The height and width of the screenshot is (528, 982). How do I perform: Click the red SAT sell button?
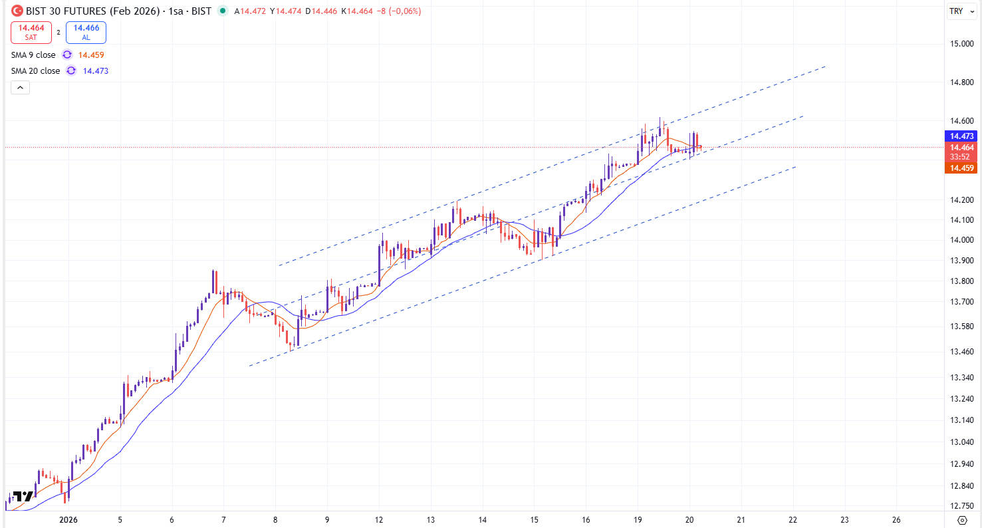click(31, 32)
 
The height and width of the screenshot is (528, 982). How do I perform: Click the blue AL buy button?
click(86, 32)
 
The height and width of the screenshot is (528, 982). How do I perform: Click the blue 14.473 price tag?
click(962, 136)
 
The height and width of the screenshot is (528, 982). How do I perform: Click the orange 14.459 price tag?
click(962, 168)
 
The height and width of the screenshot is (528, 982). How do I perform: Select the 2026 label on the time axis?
click(69, 520)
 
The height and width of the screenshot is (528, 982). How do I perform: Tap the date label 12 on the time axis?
click(379, 520)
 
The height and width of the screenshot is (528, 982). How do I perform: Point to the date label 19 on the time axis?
click(638, 520)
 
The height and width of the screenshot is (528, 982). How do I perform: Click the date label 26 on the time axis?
click(896, 520)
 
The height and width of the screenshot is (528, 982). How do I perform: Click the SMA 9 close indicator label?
click(33, 55)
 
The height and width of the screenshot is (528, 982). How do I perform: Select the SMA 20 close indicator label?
click(35, 71)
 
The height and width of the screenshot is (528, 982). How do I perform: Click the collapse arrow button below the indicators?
click(20, 87)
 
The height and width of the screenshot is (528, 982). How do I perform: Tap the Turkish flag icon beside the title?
click(17, 11)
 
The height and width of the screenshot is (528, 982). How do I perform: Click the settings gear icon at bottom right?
click(961, 519)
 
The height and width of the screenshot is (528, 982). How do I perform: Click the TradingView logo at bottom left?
click(23, 496)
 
